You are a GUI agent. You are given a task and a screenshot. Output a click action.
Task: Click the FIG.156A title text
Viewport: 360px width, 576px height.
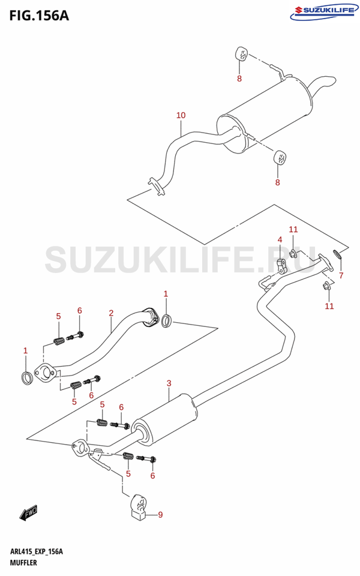click(x=39, y=16)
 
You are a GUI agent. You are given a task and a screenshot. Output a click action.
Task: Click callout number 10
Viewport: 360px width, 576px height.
click(x=181, y=115)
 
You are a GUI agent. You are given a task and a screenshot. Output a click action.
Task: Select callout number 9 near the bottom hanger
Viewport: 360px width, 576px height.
click(x=160, y=515)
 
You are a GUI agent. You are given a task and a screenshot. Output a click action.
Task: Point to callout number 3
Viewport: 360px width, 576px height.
click(x=169, y=383)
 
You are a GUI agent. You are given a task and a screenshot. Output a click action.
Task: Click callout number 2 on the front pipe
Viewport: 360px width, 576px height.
click(x=111, y=313)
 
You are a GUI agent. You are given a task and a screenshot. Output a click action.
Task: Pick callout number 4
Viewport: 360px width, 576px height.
click(x=280, y=239)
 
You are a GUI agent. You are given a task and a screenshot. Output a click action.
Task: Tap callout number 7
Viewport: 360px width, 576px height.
click(x=341, y=275)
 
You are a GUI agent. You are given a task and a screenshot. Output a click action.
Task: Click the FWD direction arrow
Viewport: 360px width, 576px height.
click(x=28, y=512)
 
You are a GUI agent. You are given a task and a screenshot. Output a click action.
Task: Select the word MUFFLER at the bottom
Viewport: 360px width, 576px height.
click(x=23, y=563)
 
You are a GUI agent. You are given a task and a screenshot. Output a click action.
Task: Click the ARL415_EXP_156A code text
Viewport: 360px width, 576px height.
click(x=37, y=551)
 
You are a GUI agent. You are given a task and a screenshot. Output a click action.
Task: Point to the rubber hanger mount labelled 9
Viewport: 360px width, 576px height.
click(x=138, y=508)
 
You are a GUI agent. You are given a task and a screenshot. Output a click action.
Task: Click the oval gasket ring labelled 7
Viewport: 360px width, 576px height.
click(x=337, y=254)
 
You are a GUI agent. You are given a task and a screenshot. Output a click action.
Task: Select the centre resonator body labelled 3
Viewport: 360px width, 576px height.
click(x=166, y=420)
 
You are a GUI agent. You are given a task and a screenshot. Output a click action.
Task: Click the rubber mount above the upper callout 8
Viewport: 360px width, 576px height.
click(x=241, y=54)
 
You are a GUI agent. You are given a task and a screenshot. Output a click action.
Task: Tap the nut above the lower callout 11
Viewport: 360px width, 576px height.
click(x=326, y=287)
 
